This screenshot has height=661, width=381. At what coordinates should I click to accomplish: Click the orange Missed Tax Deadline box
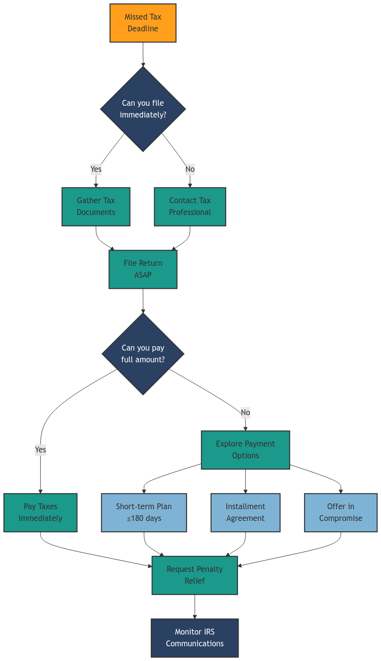click(143, 23)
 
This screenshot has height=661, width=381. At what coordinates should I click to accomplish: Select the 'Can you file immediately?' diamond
click(143, 109)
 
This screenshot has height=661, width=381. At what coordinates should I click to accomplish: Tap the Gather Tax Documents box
click(96, 207)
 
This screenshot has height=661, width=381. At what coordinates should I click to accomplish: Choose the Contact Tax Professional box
click(190, 207)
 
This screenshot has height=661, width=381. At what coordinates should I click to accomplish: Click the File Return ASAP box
click(143, 269)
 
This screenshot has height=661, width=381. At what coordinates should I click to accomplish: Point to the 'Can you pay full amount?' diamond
click(143, 354)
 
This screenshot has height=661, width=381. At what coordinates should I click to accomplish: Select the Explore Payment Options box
click(245, 450)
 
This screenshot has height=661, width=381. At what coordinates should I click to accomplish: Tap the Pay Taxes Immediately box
click(41, 513)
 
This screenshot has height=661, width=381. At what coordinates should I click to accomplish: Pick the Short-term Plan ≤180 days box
click(144, 513)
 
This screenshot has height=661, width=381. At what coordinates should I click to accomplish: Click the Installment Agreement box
click(245, 513)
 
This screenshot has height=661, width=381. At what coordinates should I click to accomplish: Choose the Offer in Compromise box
click(341, 513)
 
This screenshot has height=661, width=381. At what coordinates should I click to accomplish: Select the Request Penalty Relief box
click(195, 575)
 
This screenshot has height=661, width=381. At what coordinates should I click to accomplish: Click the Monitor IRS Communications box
click(195, 638)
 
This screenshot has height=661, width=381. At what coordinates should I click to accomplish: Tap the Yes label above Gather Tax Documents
click(96, 169)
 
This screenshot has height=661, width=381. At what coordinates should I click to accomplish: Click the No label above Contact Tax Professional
click(190, 169)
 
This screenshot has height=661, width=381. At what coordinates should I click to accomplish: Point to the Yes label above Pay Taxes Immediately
click(41, 449)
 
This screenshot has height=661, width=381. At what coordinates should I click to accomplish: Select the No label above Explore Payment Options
click(245, 412)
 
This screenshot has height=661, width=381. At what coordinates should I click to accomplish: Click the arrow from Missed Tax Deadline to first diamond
click(143, 54)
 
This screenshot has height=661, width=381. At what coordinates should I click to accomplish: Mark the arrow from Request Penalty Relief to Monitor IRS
click(195, 607)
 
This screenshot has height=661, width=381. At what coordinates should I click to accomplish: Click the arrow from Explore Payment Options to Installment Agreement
click(245, 481)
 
